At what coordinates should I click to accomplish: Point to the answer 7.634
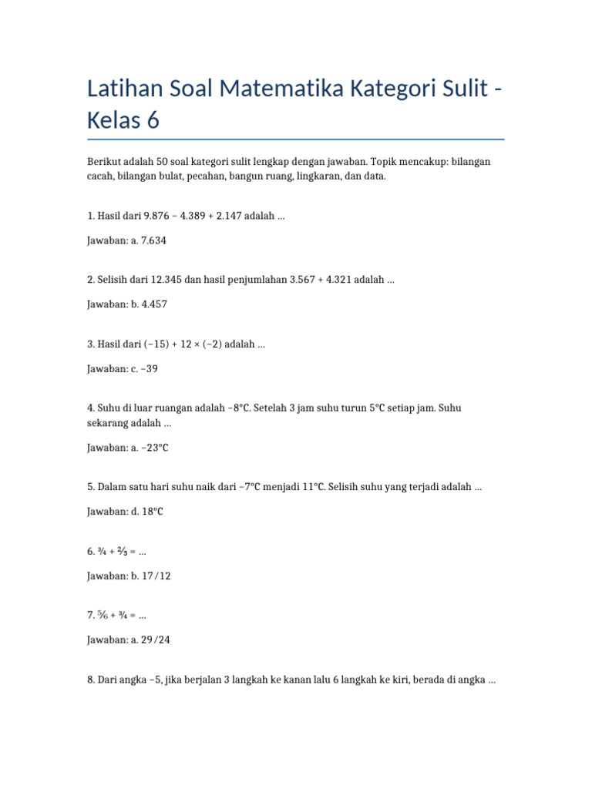(151, 240)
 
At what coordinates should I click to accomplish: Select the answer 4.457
(152, 304)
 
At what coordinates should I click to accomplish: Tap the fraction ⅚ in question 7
(103, 616)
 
